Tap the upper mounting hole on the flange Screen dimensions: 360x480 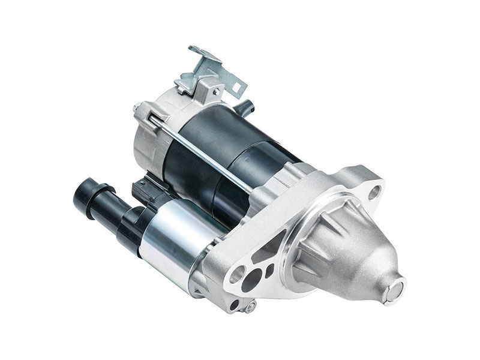tap(374, 193)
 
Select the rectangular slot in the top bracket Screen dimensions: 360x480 tap(236, 88)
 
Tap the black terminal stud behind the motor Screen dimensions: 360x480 tap(247, 106)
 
